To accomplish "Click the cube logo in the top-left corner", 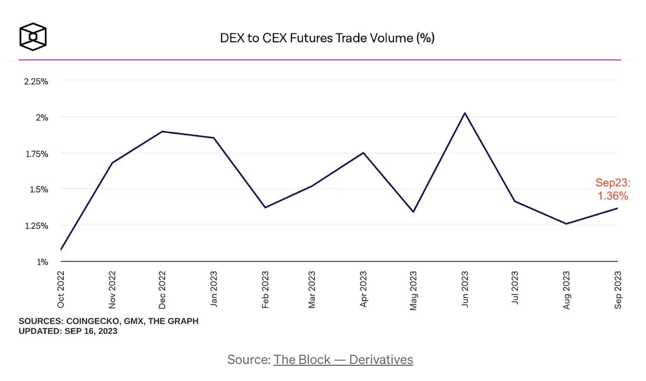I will (x=33, y=37).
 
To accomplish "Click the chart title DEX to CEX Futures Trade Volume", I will (x=327, y=38).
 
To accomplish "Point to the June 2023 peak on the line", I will (x=465, y=113).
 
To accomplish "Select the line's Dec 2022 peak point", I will (x=162, y=131).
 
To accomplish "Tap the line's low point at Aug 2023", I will (x=566, y=223).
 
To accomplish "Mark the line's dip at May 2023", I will (x=413, y=212).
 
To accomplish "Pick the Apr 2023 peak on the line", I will (x=363, y=153).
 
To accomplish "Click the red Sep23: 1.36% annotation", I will (x=613, y=189).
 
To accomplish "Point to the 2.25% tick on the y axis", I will (x=36, y=81).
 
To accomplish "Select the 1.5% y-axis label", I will (x=39, y=189).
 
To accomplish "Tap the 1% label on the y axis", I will (x=42, y=262).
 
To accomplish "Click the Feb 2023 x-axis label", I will (x=265, y=290).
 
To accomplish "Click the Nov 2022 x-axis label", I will (x=112, y=290).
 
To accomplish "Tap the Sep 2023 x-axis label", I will (x=618, y=290).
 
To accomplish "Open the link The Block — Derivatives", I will (x=343, y=360).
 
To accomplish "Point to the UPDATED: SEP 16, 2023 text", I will (x=68, y=331).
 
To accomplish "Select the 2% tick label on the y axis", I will (x=42, y=118).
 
